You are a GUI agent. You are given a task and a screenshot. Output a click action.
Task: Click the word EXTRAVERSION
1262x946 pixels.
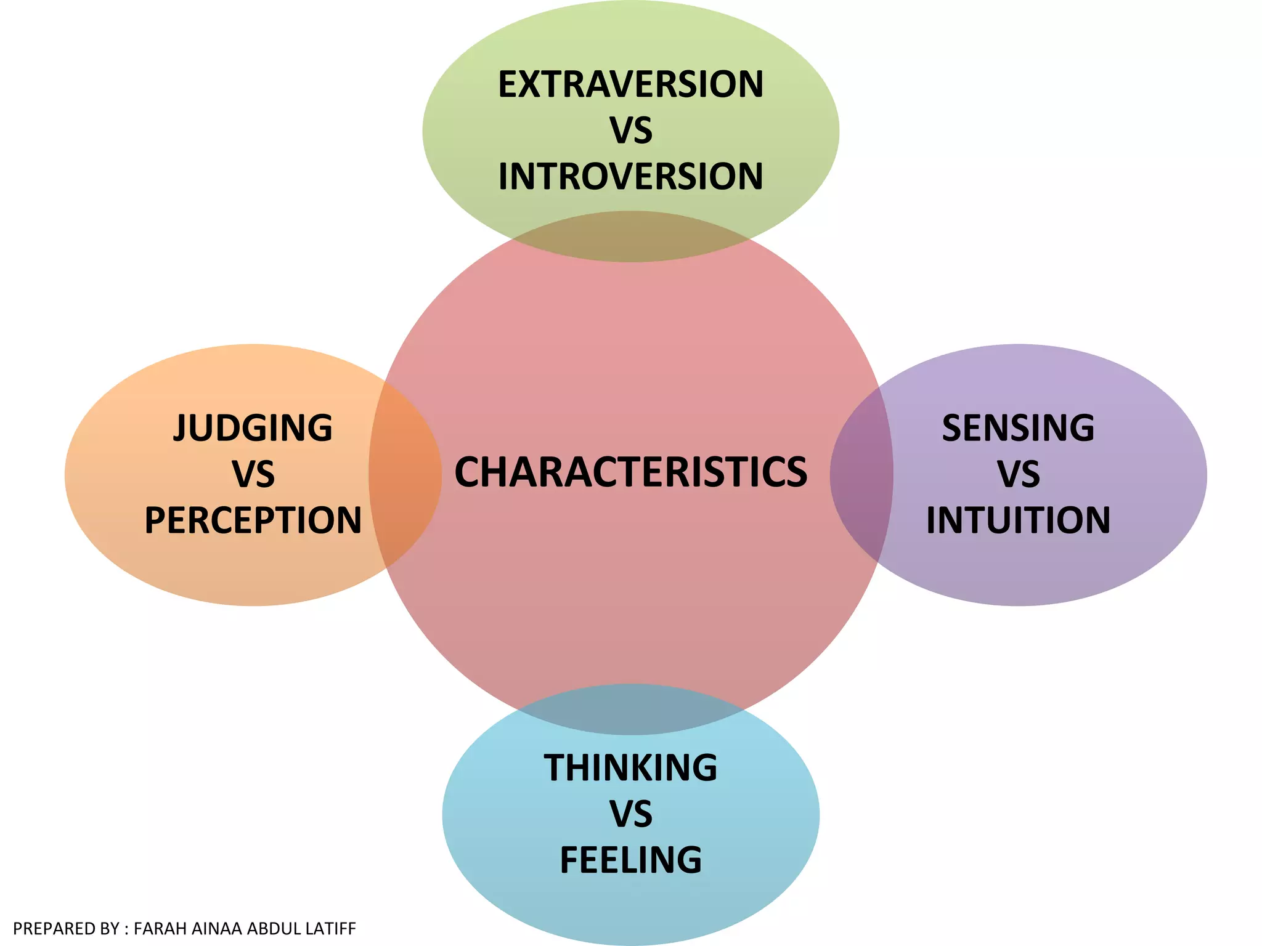pos(630,84)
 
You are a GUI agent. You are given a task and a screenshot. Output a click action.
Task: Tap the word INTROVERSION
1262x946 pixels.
pos(630,177)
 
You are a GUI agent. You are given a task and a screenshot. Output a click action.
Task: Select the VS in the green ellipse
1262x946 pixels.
pos(630,131)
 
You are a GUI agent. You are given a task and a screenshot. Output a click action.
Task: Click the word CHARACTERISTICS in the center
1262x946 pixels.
pos(630,472)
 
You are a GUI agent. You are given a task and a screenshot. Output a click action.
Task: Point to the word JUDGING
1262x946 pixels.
pos(253,428)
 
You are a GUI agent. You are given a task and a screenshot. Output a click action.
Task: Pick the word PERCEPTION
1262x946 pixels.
pos(253,520)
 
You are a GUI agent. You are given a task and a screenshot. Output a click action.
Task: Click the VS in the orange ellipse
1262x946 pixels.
pos(253,474)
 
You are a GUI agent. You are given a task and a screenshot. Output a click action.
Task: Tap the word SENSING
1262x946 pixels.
pos(1018,428)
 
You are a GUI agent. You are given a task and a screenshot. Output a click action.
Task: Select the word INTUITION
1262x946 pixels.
pos(1018,520)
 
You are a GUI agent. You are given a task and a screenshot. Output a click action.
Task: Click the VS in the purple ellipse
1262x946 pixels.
pos(1018,474)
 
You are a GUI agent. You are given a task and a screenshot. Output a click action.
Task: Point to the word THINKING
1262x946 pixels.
pos(630,768)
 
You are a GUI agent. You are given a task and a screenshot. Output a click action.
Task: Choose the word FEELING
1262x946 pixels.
pos(630,860)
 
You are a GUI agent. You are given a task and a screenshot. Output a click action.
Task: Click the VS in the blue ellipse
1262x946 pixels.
pos(630,814)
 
